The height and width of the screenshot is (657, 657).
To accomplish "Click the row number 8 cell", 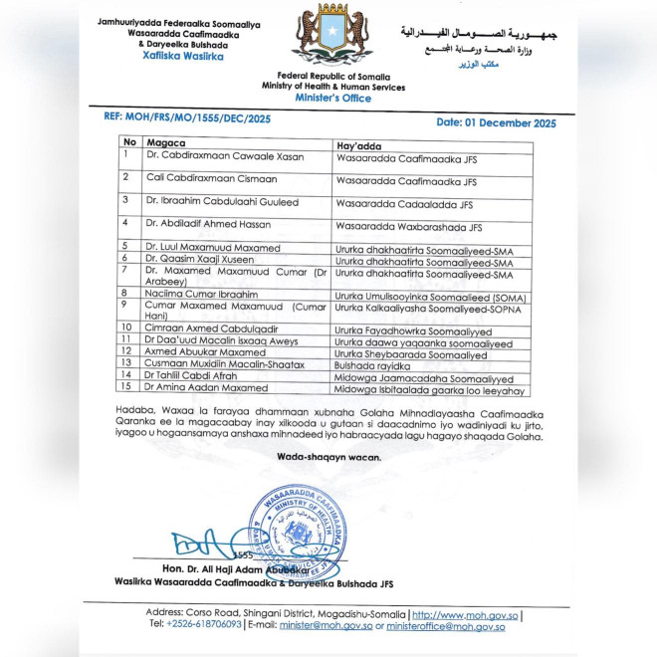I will [x=125, y=294].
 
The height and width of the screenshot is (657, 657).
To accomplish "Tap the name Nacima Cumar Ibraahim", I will [x=202, y=295].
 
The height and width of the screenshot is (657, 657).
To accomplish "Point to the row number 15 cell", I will [x=126, y=387].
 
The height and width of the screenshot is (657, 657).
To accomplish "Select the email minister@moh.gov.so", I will [x=319, y=624].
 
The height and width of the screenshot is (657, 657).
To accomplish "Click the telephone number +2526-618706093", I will [x=204, y=624].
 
